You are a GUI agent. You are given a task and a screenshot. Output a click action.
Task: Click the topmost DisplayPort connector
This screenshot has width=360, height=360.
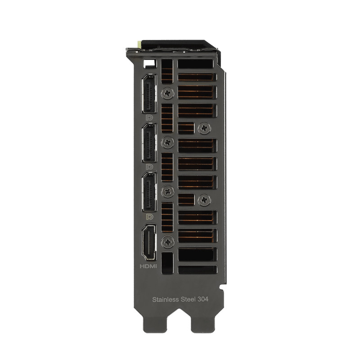[149, 94]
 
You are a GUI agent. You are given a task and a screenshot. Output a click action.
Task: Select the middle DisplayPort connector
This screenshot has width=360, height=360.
[149, 143]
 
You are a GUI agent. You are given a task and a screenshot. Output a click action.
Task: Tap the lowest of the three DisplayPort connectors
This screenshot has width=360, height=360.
[149, 192]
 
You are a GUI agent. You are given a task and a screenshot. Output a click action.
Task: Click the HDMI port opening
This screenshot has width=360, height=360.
[149, 243]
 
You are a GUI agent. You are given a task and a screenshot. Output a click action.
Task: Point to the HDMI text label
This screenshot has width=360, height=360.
[148, 266]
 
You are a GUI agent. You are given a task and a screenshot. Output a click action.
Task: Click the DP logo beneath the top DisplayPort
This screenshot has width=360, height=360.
[149, 118]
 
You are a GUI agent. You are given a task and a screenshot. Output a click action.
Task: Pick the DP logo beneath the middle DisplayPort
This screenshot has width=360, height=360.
[149, 167]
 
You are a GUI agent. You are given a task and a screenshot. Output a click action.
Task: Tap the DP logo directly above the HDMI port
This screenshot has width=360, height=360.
[149, 216]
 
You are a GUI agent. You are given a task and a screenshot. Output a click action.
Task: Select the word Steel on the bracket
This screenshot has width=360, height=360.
[188, 299]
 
